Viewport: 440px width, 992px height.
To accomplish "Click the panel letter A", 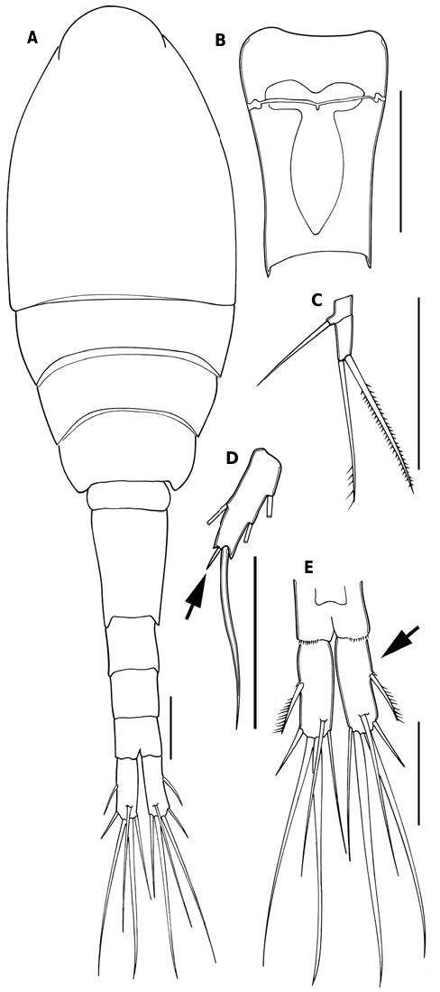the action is (x=32, y=39).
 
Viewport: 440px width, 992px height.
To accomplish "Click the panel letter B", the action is (x=220, y=41).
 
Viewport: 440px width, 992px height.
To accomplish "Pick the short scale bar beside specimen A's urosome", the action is (x=170, y=727).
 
